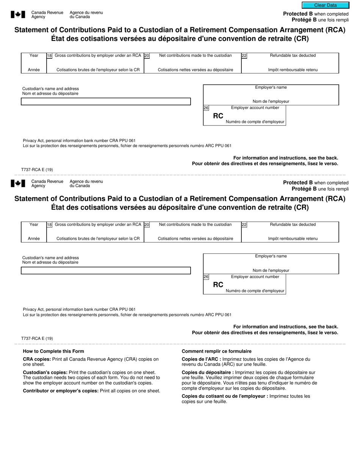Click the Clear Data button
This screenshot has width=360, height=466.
point(325,5)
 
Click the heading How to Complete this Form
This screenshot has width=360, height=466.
point(53,351)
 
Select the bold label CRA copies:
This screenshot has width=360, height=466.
point(38,359)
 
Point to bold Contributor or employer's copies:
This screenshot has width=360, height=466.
point(61,391)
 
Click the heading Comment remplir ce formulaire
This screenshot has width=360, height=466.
point(216,351)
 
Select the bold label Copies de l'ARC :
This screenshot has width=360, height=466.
point(201,359)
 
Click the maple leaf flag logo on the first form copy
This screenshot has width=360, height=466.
point(18,14)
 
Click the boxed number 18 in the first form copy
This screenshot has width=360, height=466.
point(49,56)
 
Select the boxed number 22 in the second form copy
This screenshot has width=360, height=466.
point(244,225)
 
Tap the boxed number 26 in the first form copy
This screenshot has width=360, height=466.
point(206,108)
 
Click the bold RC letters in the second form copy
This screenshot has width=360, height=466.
point(218,285)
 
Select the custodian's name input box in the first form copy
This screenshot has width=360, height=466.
point(106,102)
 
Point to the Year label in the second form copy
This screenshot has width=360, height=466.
point(34,225)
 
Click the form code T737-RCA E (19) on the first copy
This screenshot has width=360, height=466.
point(37,169)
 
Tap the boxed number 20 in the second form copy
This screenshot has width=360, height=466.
point(147,225)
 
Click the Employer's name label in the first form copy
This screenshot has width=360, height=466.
point(271,88)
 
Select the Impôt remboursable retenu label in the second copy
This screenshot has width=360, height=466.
point(293,239)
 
